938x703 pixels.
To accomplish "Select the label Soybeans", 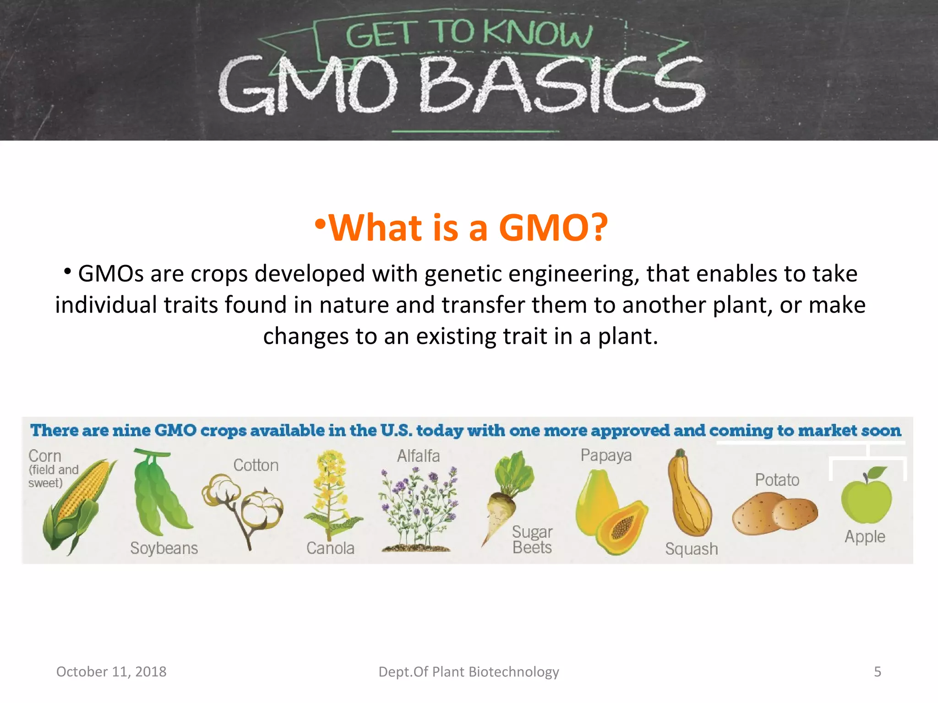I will point(164,548).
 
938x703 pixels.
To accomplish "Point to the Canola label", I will point(330,548).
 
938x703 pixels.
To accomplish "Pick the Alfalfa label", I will point(418,456).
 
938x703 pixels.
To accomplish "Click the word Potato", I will point(777,480).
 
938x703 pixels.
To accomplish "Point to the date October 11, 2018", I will point(111,671).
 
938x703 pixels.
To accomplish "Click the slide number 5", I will point(877,671).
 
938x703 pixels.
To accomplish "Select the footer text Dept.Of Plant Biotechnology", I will point(469,671).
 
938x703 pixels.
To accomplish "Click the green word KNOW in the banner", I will point(538,34).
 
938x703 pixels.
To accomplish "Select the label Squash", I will point(691,548).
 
